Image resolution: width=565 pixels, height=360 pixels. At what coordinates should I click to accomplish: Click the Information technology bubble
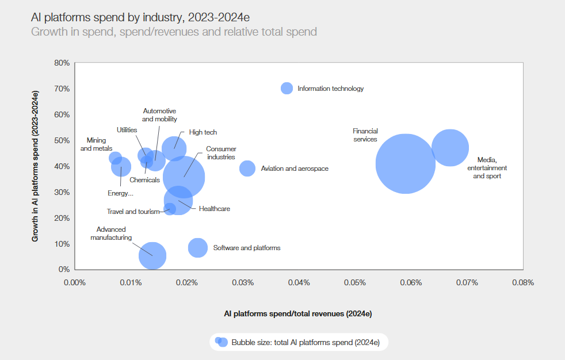(287, 88)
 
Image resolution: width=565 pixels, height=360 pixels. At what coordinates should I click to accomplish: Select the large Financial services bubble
(406, 163)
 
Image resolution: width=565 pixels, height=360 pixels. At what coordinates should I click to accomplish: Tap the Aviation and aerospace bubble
(247, 168)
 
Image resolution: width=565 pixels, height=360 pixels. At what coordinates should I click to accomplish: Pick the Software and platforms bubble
(198, 247)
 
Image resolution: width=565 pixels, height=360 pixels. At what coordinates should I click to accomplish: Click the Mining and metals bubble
(115, 158)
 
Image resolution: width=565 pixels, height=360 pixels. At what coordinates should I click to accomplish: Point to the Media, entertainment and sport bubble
(450, 148)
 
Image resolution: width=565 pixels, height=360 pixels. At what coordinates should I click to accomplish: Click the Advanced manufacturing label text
(111, 233)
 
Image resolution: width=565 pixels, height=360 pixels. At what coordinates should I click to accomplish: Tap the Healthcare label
(214, 209)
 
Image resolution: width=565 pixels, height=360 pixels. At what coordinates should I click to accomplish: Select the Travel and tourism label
(133, 212)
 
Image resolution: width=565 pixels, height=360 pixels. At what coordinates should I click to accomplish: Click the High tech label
(203, 132)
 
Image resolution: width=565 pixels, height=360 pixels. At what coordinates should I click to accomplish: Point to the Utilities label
(127, 130)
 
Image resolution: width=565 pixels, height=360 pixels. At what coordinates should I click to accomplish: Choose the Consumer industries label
(221, 153)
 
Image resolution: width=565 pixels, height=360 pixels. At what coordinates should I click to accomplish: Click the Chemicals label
(144, 180)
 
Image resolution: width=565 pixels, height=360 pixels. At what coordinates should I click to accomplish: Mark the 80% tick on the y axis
(62, 63)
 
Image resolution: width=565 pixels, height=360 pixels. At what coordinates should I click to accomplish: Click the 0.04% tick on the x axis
(299, 282)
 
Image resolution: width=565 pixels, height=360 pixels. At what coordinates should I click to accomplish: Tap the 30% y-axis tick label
(62, 192)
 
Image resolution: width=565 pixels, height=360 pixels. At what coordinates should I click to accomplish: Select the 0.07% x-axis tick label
(467, 282)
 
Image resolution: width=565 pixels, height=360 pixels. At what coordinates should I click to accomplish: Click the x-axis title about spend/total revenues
(298, 314)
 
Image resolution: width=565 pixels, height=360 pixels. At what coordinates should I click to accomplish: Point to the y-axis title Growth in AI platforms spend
(35, 166)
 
